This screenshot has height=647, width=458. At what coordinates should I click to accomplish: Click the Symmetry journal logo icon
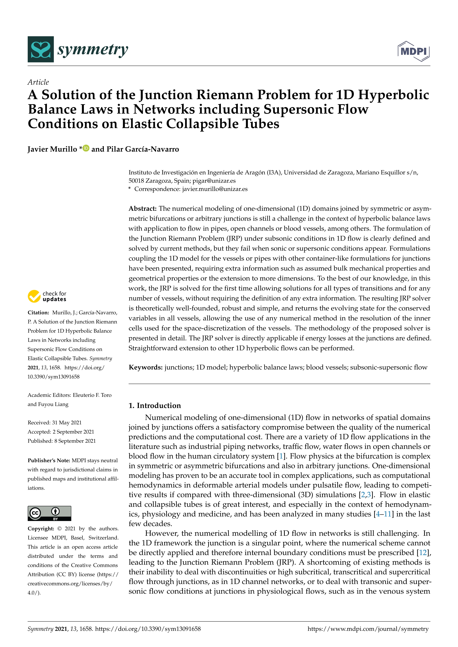[41, 49]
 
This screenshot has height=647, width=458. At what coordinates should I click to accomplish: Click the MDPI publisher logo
[413, 51]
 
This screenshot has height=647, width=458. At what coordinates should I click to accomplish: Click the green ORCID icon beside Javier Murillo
[86, 148]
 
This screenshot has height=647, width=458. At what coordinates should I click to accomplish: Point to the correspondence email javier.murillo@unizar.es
[215, 189]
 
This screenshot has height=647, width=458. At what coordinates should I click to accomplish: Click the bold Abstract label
[142, 208]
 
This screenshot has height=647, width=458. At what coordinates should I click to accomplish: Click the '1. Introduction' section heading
[155, 406]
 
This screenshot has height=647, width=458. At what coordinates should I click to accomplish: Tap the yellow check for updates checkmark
[34, 296]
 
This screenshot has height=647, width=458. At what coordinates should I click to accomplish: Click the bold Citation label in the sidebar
[38, 313]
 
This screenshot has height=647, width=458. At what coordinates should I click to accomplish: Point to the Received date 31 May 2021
[67, 423]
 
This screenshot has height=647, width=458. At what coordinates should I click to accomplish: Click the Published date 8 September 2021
[75, 441]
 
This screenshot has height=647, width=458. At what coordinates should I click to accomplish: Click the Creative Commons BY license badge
[49, 513]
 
